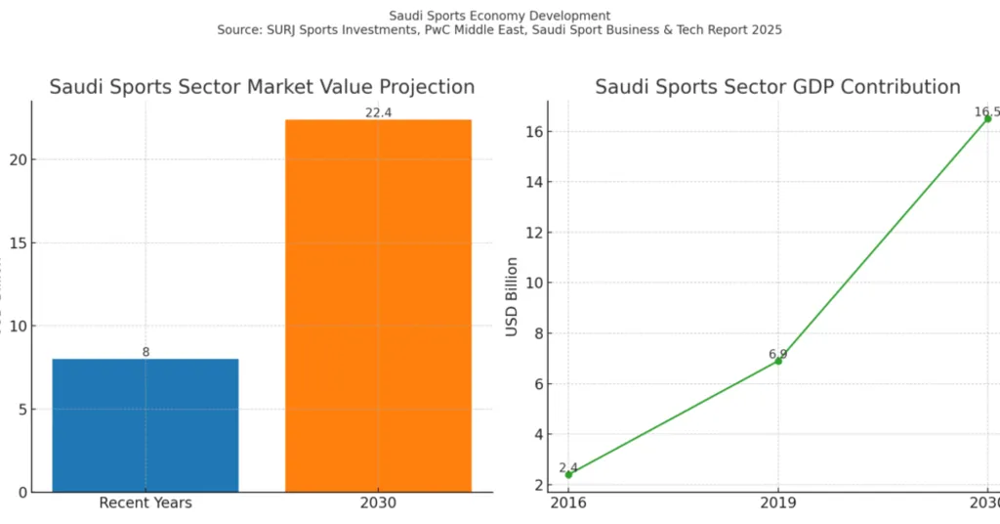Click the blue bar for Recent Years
(x=146, y=425)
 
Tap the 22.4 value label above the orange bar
(x=378, y=113)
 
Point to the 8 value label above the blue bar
(x=146, y=352)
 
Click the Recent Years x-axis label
(x=146, y=502)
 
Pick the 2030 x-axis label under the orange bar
(x=378, y=502)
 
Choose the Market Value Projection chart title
(x=262, y=86)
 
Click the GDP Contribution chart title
(x=777, y=86)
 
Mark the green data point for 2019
(x=778, y=361)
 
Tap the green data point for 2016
(x=568, y=474)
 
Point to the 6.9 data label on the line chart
(x=777, y=354)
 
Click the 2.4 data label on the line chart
(x=568, y=468)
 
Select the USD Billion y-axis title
(x=512, y=297)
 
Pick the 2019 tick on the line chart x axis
(x=778, y=502)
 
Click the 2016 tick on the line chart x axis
(x=568, y=502)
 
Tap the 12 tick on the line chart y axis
(x=534, y=233)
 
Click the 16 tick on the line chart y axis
(x=534, y=132)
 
